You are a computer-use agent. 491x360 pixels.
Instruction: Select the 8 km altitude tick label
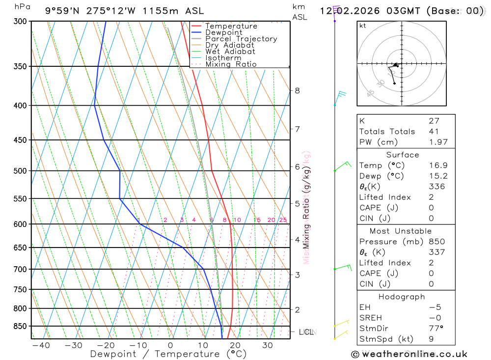pyautogui.click(x=297, y=90)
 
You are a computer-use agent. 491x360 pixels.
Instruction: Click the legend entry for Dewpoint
pyautogui.click(x=223, y=32)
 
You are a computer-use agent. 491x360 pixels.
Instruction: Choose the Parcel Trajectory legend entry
pyautogui.click(x=241, y=39)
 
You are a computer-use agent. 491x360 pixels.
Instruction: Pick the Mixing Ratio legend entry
pyautogui.click(x=230, y=64)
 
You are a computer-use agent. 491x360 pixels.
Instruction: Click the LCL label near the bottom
pyautogui.click(x=306, y=332)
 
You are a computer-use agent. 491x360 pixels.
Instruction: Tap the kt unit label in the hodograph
pyautogui.click(x=363, y=26)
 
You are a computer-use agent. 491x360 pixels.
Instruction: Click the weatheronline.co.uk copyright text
pyautogui.click(x=409, y=354)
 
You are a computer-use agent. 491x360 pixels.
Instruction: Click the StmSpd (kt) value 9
pyautogui.click(x=431, y=339)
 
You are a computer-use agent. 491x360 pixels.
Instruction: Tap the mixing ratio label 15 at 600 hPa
pyautogui.click(x=257, y=220)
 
